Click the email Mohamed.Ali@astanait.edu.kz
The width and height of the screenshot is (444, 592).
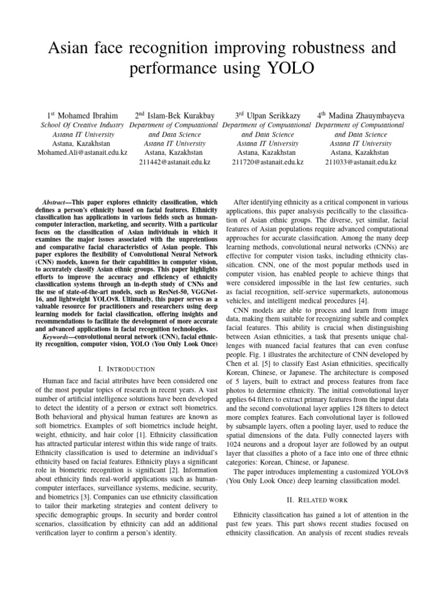click(x=82, y=153)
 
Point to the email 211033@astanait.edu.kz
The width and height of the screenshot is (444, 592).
click(x=360, y=162)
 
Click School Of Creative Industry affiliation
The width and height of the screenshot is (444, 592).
click(x=82, y=125)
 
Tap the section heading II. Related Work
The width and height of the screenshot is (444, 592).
click(x=320, y=498)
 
